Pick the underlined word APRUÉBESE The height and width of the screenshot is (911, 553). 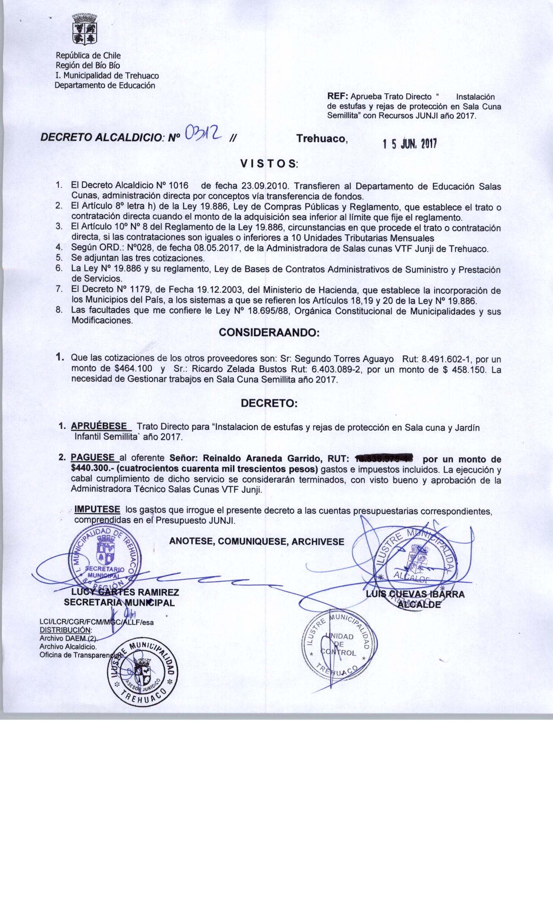tap(99, 426)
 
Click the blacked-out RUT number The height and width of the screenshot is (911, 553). tap(384, 459)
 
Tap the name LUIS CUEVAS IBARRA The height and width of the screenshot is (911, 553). tap(415, 594)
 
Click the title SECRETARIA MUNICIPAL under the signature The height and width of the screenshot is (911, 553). tap(119, 603)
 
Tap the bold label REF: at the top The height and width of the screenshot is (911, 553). tap(338, 96)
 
